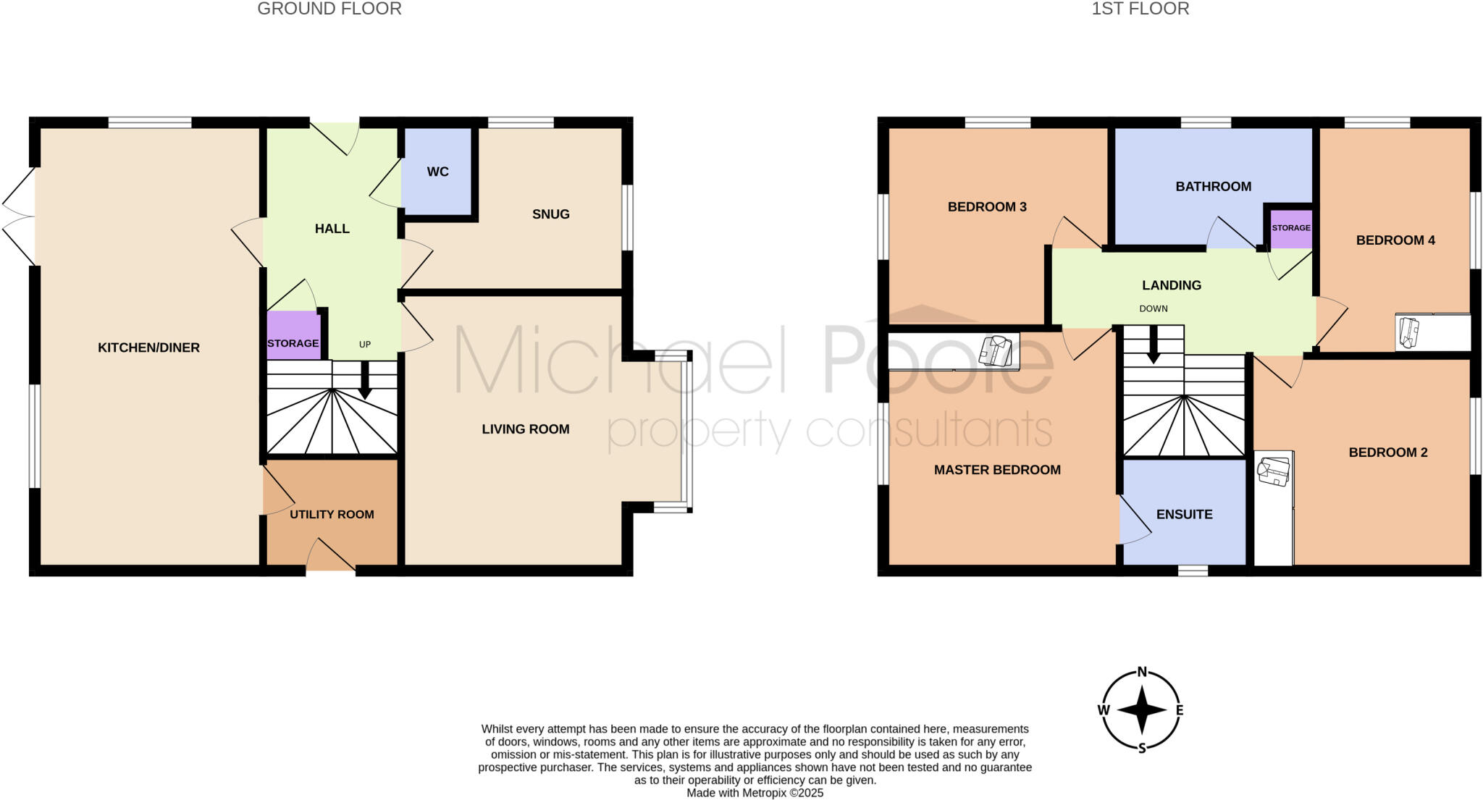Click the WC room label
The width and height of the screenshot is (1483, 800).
point(437,172)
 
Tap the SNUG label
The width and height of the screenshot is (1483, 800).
point(550,214)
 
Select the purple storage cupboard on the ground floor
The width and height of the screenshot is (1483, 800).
point(293,336)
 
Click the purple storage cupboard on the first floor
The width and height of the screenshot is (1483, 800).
point(1291,229)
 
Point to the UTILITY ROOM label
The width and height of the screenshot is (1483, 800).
point(332,515)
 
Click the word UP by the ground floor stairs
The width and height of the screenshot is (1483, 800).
point(365,345)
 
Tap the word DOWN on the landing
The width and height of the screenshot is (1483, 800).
point(1154,309)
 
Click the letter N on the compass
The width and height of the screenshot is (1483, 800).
point(1142,672)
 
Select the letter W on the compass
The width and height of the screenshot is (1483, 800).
point(1104,710)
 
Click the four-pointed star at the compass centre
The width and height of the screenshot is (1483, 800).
point(1142,710)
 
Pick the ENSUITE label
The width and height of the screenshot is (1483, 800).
point(1184,515)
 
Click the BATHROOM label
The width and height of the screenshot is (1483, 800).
point(1213,187)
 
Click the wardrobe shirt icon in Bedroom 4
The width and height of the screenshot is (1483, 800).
point(1408,332)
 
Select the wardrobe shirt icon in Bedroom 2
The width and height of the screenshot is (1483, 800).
point(1274,471)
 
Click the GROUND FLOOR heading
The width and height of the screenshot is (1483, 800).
point(329,9)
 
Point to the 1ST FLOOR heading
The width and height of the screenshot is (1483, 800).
point(1140,9)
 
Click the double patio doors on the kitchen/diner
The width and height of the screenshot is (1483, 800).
point(19,216)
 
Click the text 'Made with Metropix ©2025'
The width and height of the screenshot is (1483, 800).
point(755,793)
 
